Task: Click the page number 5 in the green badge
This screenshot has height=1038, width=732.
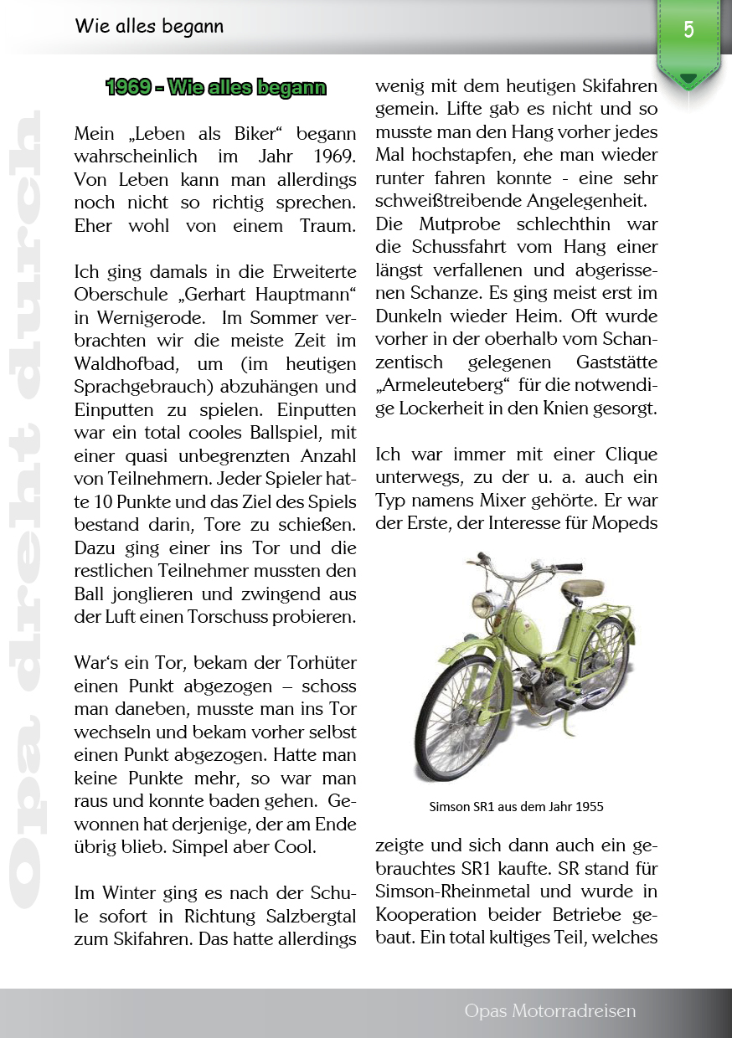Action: tap(688, 30)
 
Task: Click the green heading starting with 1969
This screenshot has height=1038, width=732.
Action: tap(216, 87)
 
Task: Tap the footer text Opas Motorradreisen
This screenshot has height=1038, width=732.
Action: tap(549, 1011)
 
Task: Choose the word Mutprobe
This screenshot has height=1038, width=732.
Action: tap(452, 224)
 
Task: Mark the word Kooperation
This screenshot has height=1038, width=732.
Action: tap(429, 913)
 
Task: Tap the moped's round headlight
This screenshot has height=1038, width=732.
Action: tap(485, 602)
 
